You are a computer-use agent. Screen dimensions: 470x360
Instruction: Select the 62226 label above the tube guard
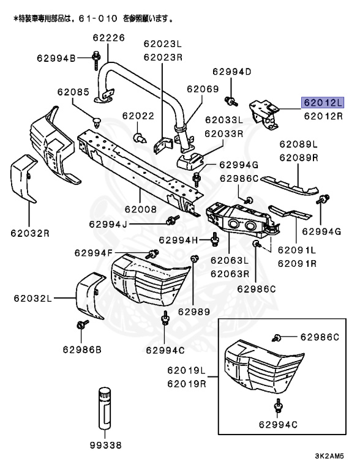108,38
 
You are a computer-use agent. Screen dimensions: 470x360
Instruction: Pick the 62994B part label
56,58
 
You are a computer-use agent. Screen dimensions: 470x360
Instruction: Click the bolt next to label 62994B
97,59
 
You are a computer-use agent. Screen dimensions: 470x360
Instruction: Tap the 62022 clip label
138,116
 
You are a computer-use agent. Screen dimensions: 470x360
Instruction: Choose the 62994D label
232,72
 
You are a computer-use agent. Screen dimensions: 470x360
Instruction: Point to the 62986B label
81,349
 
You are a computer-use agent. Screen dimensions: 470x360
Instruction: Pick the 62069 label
203,89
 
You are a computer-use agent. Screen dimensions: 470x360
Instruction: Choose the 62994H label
179,239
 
